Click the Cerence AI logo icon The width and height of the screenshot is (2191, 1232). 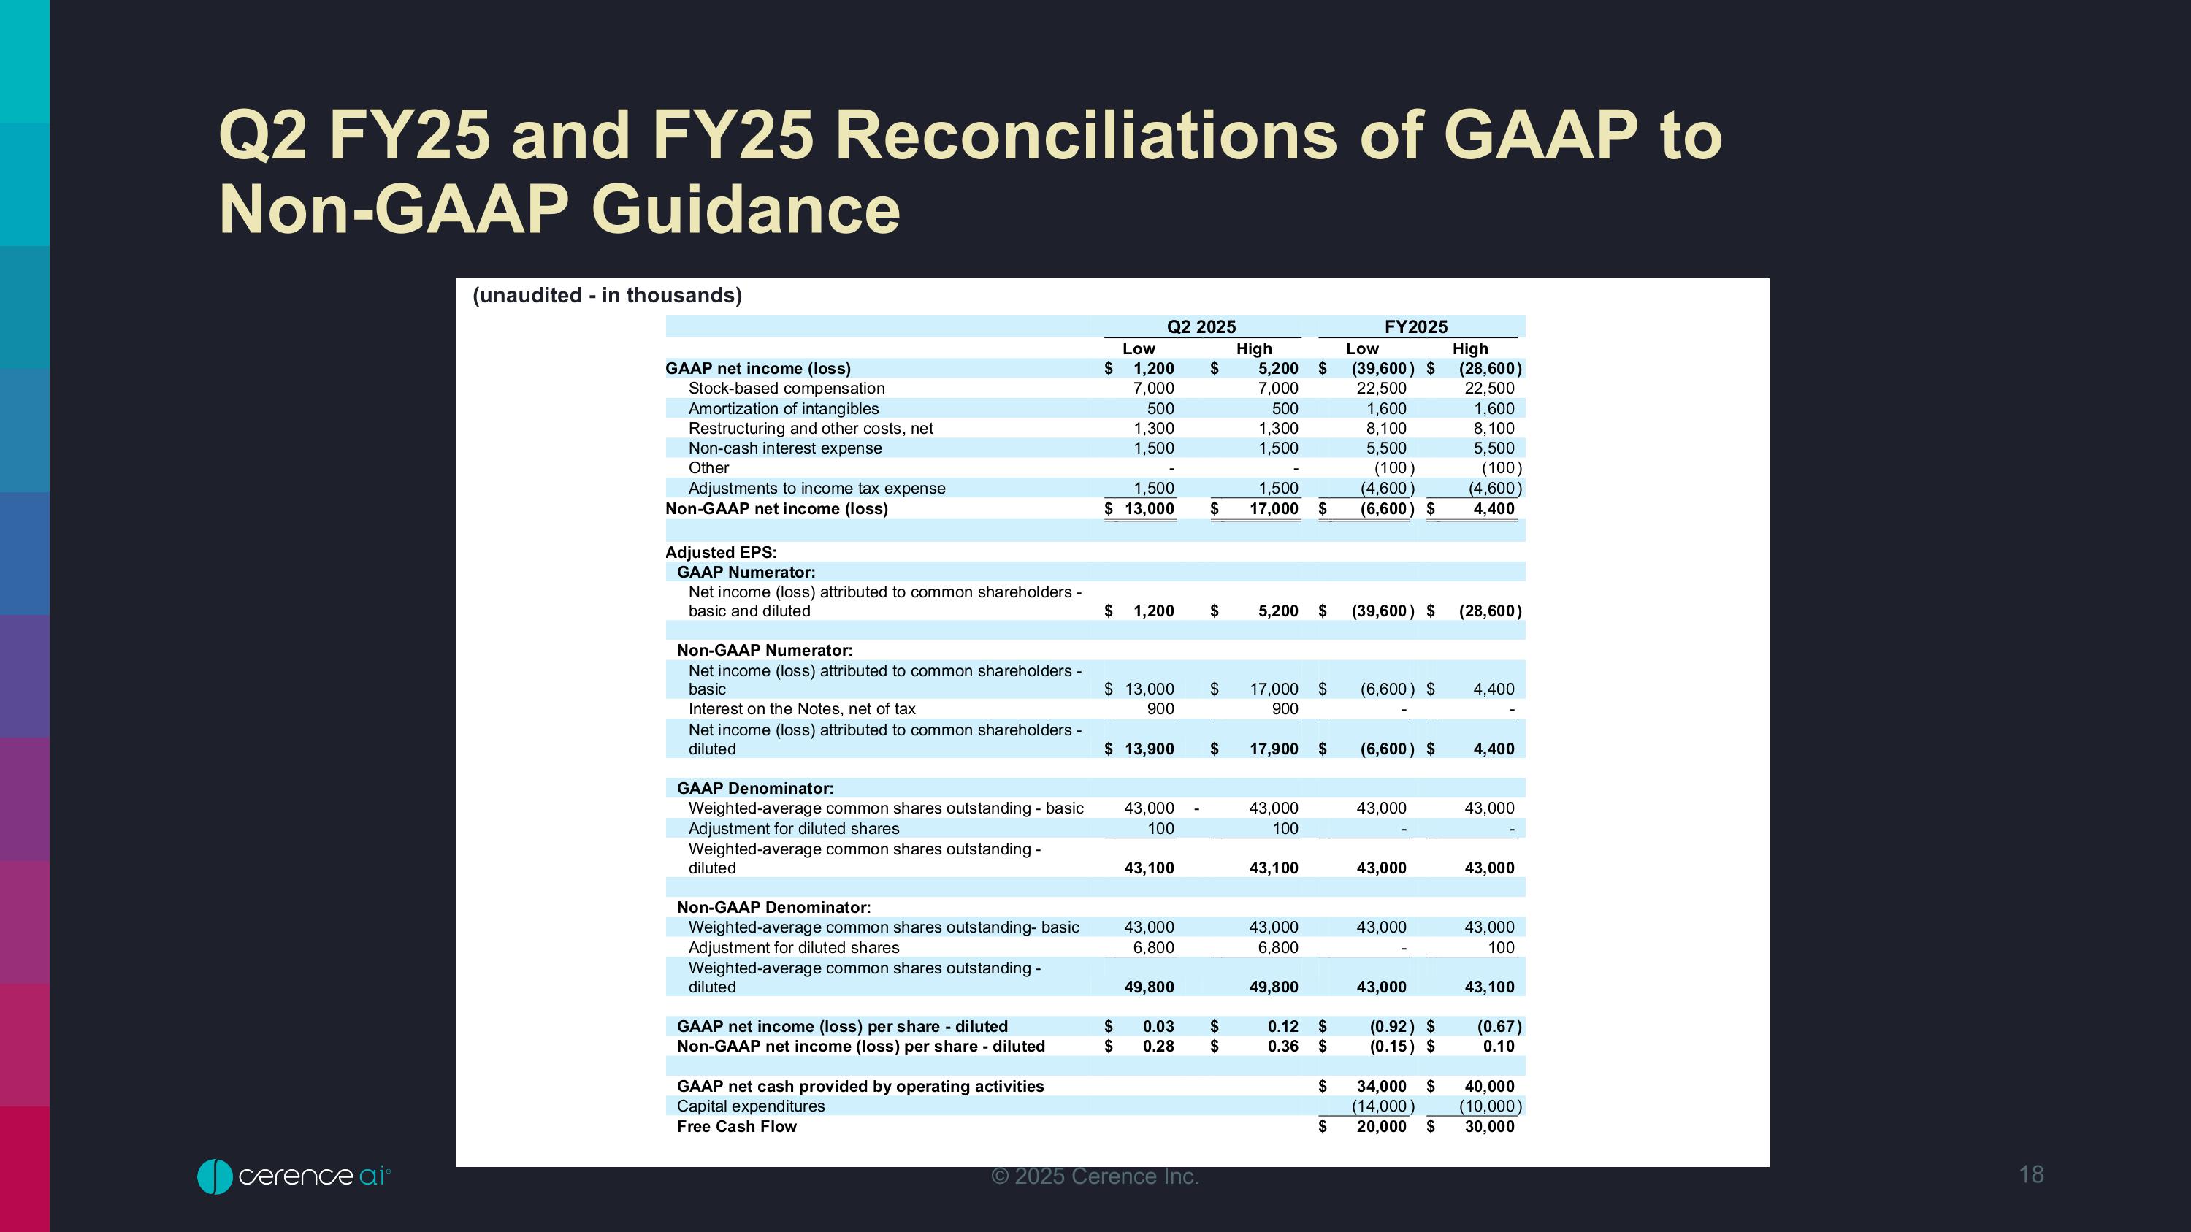pyautogui.click(x=214, y=1176)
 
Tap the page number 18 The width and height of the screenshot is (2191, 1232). pyautogui.click(x=2031, y=1174)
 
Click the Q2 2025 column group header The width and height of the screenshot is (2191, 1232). pyautogui.click(x=1201, y=327)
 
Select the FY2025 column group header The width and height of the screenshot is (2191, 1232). pyautogui.click(x=1415, y=327)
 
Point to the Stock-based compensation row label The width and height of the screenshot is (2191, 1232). pyautogui.click(x=786, y=389)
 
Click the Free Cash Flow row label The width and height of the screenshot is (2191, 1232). pyautogui.click(x=737, y=1127)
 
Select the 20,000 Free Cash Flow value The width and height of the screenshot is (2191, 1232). pyautogui.click(x=1380, y=1127)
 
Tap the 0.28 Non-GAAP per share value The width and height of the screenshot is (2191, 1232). pyautogui.click(x=1158, y=1047)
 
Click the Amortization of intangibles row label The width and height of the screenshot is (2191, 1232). pyautogui.click(x=784, y=409)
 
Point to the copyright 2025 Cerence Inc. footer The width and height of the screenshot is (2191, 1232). pyautogui.click(x=1095, y=1176)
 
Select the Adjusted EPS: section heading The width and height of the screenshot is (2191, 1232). pyautogui.click(x=720, y=553)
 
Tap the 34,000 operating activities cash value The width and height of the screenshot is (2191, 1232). pyautogui.click(x=1380, y=1087)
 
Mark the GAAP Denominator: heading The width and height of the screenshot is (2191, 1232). pyautogui.click(x=754, y=788)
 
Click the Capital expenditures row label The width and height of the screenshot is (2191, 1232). pyautogui.click(x=750, y=1106)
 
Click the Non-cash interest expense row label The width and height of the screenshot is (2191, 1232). pyautogui.click(x=784, y=448)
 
